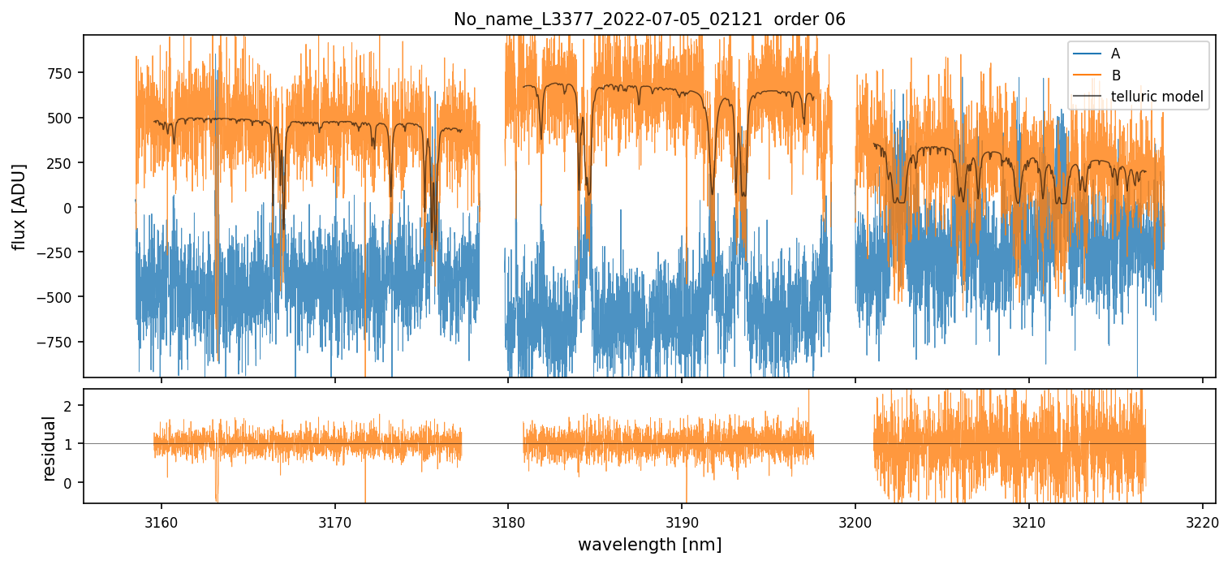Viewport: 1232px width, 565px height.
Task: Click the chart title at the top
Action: pos(649,19)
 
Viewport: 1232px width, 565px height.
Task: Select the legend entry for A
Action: pos(1115,54)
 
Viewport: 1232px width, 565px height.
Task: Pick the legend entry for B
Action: pos(1115,75)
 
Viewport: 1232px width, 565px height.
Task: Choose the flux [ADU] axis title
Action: pos(18,206)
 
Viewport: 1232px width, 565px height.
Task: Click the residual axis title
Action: pos(49,448)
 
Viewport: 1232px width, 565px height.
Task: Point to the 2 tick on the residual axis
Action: pos(69,405)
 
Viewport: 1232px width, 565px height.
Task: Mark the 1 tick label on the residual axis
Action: pos(69,444)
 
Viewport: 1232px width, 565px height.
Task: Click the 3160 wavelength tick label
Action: pos(161,520)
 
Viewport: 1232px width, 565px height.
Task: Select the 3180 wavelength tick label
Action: pos(508,520)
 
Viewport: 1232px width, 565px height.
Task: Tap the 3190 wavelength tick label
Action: pos(682,520)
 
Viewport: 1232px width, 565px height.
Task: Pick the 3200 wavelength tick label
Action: pos(855,520)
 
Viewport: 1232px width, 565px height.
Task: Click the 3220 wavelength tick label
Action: pos(1202,520)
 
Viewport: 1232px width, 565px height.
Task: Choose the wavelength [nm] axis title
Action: pos(649,544)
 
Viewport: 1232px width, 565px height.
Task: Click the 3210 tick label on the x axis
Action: pos(1028,520)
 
